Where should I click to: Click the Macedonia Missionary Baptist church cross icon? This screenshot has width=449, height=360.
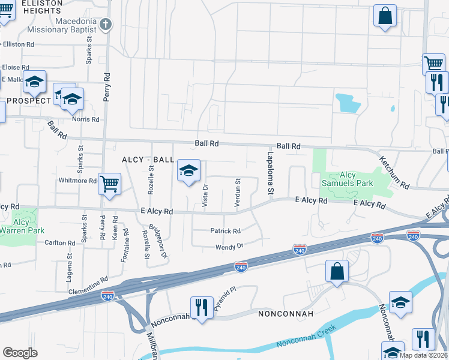(106, 25)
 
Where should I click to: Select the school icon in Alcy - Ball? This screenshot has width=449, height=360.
(188, 172)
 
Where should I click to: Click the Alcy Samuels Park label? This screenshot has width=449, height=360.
(348, 178)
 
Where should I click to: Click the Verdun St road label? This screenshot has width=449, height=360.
(238, 194)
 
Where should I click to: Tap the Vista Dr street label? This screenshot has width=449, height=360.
(205, 196)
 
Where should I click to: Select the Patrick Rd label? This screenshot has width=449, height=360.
(225, 231)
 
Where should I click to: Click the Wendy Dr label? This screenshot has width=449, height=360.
(231, 247)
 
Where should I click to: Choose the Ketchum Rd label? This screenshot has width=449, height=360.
(393, 172)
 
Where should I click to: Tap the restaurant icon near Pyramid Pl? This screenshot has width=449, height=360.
(201, 308)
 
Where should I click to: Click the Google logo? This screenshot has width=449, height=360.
(20, 353)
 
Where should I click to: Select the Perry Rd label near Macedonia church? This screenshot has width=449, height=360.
(107, 88)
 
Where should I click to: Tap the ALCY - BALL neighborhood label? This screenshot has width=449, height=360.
(148, 160)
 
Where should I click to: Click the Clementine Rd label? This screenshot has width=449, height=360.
(88, 280)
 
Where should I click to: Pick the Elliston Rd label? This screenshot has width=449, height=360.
(19, 44)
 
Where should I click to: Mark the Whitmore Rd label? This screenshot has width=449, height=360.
(77, 181)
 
